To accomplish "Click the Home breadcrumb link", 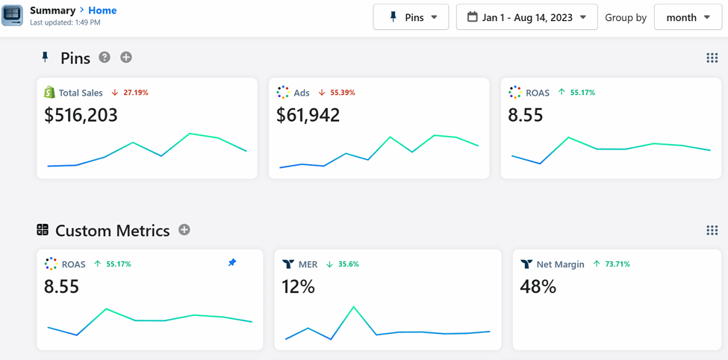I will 102,10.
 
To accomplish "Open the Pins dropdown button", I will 411,17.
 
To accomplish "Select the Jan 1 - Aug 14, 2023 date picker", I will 526,17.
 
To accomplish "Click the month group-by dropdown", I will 687,17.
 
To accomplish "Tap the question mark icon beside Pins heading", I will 105,58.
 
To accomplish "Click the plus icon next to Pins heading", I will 126,58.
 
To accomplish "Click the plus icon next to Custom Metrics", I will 184,230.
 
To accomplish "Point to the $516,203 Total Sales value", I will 81,115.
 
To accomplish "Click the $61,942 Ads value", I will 308,115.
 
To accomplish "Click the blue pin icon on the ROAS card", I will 232,263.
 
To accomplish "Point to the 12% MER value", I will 298,286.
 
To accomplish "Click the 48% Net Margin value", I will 538,286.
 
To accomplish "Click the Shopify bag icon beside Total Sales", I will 49,93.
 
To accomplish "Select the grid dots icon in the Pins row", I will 712,58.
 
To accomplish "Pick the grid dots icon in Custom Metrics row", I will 712,230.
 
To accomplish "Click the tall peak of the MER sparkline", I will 354,307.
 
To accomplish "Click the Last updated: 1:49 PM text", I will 65,23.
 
